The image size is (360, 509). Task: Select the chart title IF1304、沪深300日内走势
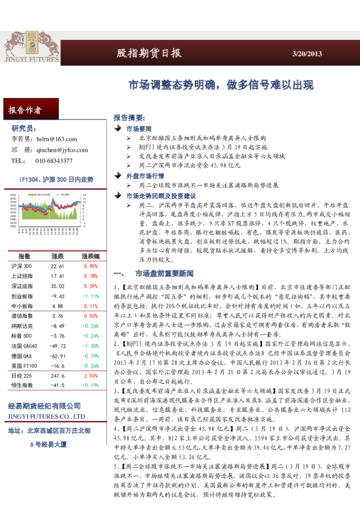(56, 180)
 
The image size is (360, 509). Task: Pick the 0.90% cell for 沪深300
(90, 266)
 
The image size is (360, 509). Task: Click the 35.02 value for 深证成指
(57, 286)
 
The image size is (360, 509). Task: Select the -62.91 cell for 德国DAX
(57, 355)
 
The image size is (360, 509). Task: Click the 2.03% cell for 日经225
(90, 375)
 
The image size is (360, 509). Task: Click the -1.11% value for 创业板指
(90, 296)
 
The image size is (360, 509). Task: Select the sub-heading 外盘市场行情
(143, 175)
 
